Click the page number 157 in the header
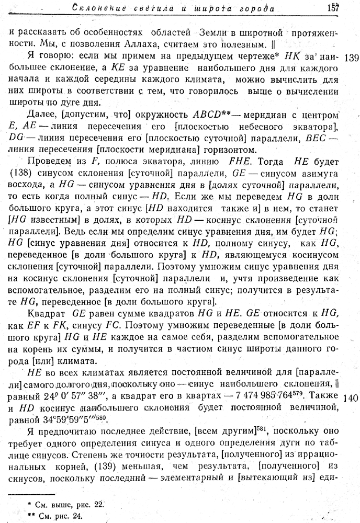click(333, 8)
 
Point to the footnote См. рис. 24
click(57, 515)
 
